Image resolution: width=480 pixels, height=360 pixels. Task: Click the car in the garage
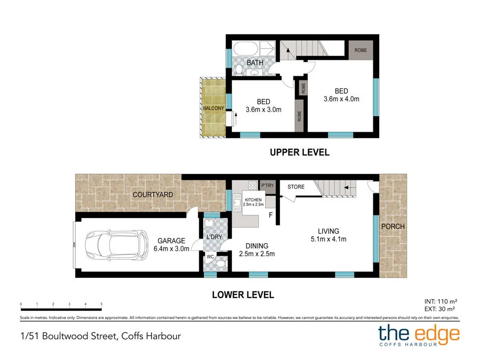pyautogui.click(x=117, y=245)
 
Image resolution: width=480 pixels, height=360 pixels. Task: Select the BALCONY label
pyautogui.click(x=213, y=108)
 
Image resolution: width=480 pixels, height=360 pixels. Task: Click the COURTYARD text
pyautogui.click(x=153, y=195)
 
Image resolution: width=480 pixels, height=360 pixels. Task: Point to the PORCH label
pyautogui.click(x=393, y=226)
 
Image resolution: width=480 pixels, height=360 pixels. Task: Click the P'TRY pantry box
pyautogui.click(x=267, y=186)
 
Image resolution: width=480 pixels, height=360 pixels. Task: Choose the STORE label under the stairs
pyautogui.click(x=296, y=187)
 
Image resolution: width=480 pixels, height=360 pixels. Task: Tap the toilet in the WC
pyautogui.click(x=222, y=262)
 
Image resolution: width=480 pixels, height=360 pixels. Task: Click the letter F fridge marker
pyautogui.click(x=271, y=215)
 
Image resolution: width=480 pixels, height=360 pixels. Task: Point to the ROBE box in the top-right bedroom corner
pyautogui.click(x=361, y=50)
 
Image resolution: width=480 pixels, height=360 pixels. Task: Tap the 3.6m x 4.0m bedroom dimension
pyautogui.click(x=341, y=99)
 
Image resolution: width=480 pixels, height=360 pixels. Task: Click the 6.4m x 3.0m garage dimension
pyautogui.click(x=171, y=249)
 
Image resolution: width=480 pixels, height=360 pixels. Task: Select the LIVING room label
pyautogui.click(x=329, y=231)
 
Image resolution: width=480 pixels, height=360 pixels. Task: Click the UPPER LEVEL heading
pyautogui.click(x=299, y=153)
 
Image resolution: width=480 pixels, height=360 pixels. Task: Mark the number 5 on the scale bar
pyautogui.click(x=101, y=304)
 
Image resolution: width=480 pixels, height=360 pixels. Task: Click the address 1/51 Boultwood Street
pyautogui.click(x=97, y=336)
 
